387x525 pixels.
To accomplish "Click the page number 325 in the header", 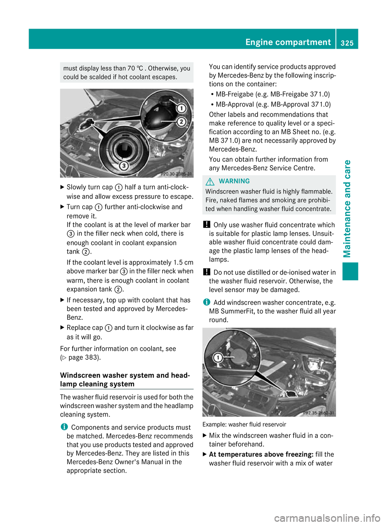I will (347, 43).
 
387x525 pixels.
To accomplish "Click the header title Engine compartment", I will (288, 42).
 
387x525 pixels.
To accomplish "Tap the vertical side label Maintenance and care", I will (347, 208).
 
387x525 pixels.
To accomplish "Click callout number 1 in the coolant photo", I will (181, 108).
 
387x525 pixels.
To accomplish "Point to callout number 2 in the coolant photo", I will (181, 121).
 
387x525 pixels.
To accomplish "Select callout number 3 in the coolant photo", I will (124, 165).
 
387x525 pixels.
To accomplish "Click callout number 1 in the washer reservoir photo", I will (218, 357).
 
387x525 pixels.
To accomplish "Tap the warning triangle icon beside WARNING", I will (210, 181).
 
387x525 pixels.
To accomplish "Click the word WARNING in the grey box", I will (234, 181).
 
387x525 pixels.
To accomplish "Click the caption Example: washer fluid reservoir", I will (244, 424).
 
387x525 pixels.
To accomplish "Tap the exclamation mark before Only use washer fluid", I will (206, 225).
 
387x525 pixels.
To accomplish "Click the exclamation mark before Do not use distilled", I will (206, 272).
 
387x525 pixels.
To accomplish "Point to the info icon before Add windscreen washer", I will (206, 302).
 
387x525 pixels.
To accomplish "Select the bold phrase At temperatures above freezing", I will (261, 454).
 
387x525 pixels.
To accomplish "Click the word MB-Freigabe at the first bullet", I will (235, 94).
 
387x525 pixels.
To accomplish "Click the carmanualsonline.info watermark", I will (327, 518).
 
